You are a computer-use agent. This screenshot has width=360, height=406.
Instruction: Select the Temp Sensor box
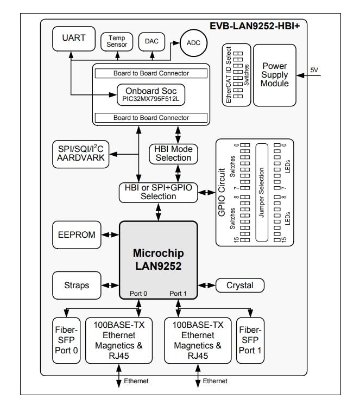coord(117,41)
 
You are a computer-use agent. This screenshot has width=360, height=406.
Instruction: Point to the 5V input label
coord(315,70)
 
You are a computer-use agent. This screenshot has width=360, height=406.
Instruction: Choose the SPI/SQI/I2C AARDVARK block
coord(80,153)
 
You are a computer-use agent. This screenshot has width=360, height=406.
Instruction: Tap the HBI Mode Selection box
coord(173,154)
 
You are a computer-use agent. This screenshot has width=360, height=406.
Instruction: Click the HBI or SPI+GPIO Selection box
coord(158,192)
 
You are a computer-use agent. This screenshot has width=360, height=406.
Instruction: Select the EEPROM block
coord(77,235)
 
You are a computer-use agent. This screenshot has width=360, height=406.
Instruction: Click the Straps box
coord(77,285)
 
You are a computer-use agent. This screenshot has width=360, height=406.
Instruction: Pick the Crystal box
coord(239,285)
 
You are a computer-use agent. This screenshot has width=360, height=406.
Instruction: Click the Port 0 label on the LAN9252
coord(139,294)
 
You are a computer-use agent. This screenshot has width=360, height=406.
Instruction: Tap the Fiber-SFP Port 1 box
coord(250,340)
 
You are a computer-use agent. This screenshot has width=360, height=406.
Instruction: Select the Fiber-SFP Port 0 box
coord(67,340)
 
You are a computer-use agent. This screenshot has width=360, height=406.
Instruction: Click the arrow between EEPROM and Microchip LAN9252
coord(110,235)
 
